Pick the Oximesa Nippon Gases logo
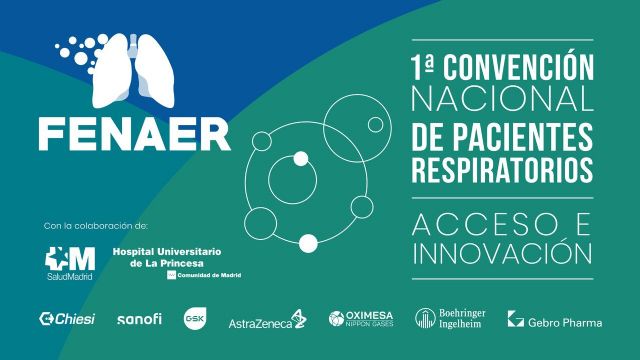coord(368,319)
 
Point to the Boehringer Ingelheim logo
coord(454,319)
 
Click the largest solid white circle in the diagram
coord(308,241)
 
